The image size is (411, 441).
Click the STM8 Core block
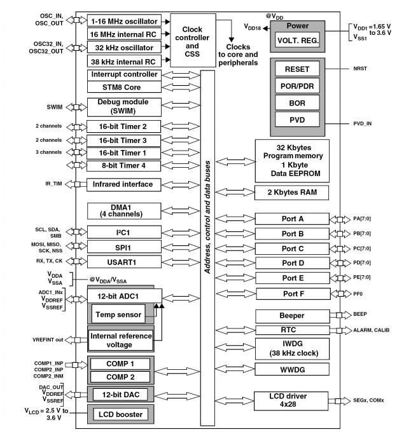[122, 87]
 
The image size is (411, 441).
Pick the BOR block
[298, 101]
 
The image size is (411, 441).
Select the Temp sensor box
[118, 313]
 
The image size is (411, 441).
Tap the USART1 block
[122, 262]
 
